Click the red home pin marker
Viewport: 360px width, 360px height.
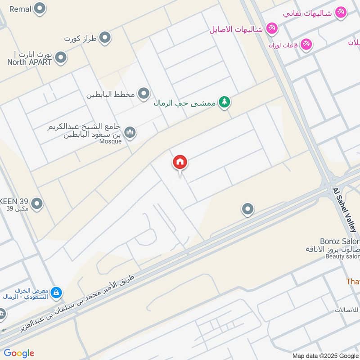pos(180,162)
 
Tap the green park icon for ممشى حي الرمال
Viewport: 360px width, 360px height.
pos(224,103)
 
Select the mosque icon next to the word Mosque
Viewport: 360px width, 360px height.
pos(130,132)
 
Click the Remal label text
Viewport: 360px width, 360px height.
pos(20,9)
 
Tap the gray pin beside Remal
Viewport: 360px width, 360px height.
pos(40,8)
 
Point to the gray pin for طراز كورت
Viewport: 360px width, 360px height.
pos(105,38)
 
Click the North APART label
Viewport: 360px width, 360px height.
pos(30,63)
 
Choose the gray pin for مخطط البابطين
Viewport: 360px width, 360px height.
pos(144,94)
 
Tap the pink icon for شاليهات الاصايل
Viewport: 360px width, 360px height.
pos(272,29)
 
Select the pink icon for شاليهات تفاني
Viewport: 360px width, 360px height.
pos(341,12)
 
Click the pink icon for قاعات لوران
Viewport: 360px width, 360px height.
pos(306,44)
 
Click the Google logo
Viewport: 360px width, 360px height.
pos(19,353)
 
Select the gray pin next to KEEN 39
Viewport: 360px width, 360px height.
pos(37,203)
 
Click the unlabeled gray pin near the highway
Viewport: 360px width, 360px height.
pos(247,209)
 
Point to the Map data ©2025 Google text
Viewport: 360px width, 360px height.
pos(325,355)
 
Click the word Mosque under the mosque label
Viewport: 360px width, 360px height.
pos(111,141)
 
